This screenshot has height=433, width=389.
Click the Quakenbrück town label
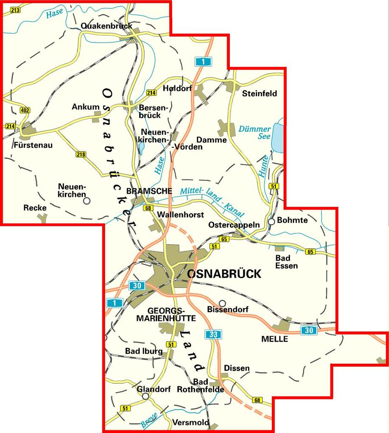pyautogui.click(x=106, y=26)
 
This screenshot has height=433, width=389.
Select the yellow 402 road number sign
pyautogui.click(x=25, y=111)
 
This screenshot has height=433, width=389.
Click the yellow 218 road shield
pyautogui.click(x=81, y=154)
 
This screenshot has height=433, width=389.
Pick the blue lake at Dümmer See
pyautogui.click(x=277, y=137)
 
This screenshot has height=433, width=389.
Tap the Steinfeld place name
pyautogui.click(x=259, y=93)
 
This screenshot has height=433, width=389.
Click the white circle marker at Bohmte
pyautogui.click(x=271, y=221)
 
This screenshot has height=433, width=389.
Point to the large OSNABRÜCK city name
pyautogui.click(x=224, y=274)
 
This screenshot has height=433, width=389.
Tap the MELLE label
pyautogui.click(x=274, y=339)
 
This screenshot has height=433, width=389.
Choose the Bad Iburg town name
pyautogui.click(x=143, y=351)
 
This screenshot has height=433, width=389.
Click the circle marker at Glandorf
pyautogui.click(x=146, y=396)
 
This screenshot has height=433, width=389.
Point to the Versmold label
pyautogui.click(x=191, y=422)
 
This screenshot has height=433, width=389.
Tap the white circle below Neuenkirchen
pyautogui.click(x=87, y=201)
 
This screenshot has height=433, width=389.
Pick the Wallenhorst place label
pyautogui.click(x=180, y=215)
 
